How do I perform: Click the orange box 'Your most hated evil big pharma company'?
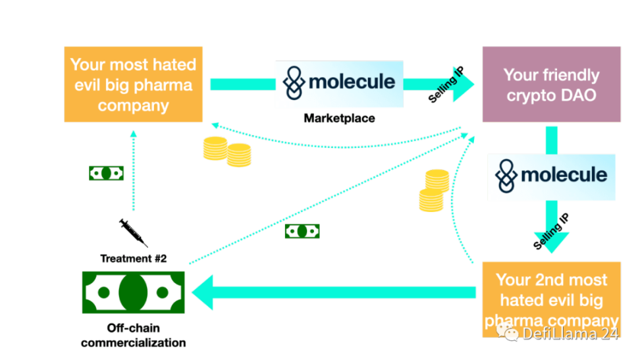click(x=134, y=84)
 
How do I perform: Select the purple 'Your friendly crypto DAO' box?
click(x=551, y=84)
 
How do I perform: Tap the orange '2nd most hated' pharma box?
click(x=551, y=299)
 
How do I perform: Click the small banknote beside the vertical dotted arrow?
click(x=107, y=173)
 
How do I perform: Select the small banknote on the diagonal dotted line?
click(x=302, y=231)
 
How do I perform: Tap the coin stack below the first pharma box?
click(x=227, y=152)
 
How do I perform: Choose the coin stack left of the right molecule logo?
click(x=435, y=191)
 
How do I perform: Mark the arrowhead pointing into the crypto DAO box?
click(x=464, y=84)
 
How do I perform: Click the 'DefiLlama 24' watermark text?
click(x=570, y=334)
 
